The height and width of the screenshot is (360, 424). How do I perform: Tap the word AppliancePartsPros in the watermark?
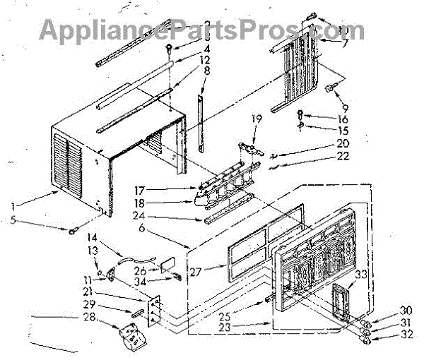point(163,30)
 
